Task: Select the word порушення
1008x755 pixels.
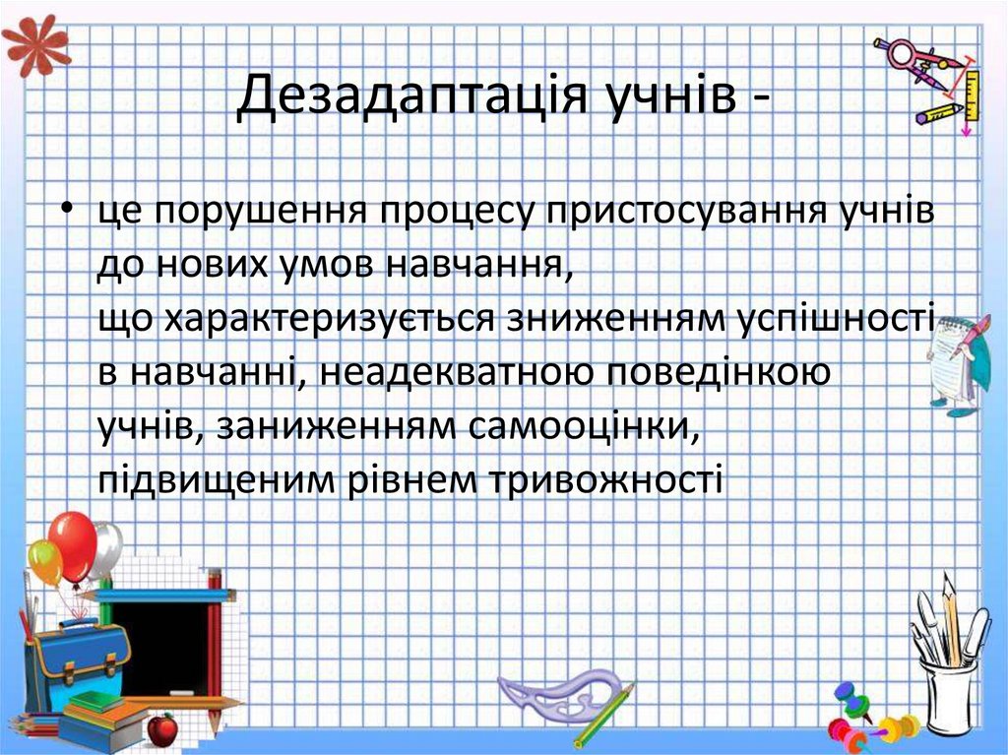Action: (260, 213)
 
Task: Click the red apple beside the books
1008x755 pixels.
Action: (161, 728)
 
